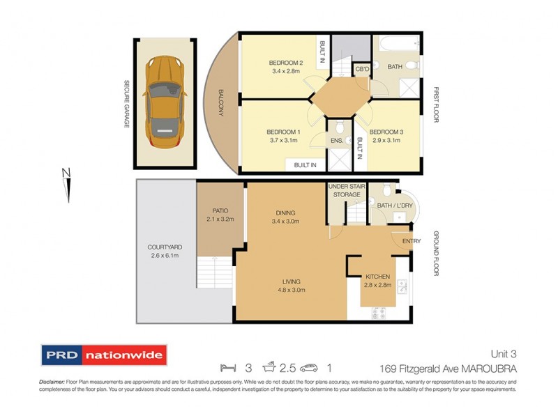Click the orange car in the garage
point(163,98)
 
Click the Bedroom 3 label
point(386,132)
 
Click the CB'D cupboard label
point(362,69)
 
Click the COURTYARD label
point(165,247)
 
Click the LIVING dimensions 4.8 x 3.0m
point(285,290)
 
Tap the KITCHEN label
point(377,277)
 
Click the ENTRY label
point(411,241)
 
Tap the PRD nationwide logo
point(103,355)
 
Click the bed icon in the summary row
point(225,366)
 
